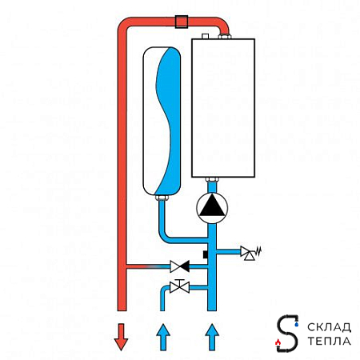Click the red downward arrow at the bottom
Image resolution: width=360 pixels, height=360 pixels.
[x=121, y=337]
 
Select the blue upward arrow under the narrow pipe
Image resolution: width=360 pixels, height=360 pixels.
[x=163, y=337]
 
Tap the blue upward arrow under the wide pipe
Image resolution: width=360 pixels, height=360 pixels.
[x=212, y=337]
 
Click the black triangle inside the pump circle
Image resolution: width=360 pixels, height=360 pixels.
[x=212, y=206]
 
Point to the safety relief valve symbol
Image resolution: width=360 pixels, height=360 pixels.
[x=250, y=253]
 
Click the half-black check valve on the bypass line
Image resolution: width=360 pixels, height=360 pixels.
[x=180, y=266]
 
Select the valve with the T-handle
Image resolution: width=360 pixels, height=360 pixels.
[x=180, y=286]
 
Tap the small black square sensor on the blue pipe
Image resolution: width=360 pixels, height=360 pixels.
[x=206, y=254]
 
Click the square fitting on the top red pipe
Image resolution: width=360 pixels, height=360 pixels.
[x=182, y=22]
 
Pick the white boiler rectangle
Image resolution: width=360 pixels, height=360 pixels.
[x=223, y=108]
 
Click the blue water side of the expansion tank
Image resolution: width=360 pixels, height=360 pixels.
[x=169, y=120]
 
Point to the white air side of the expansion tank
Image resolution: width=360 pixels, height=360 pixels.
[x=150, y=120]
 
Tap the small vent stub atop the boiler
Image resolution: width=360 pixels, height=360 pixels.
[x=205, y=36]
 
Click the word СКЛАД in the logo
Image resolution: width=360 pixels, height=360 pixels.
[x=329, y=327]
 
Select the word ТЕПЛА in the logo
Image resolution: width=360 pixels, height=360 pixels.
[x=329, y=341]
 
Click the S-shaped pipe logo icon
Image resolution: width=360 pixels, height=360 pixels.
[x=287, y=334]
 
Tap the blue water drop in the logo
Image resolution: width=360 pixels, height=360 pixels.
[x=297, y=324]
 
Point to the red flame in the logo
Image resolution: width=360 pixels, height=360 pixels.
[x=278, y=342]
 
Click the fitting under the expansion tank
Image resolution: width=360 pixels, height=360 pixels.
[x=162, y=198]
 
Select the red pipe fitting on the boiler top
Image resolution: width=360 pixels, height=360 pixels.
[x=225, y=36]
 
